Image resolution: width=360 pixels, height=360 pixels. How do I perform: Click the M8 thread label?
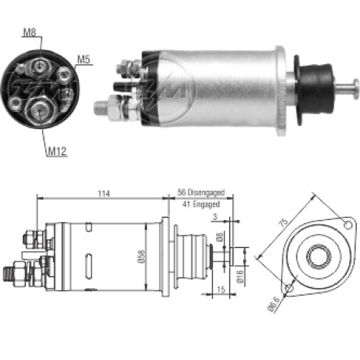(x=30, y=33)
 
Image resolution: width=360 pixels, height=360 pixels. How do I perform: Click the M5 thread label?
(x=84, y=59)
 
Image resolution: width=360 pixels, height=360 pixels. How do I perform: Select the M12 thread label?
(x=57, y=151)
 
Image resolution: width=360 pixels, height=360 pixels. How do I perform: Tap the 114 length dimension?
(x=104, y=193)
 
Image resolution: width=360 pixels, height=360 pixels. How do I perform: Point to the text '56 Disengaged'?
(x=201, y=193)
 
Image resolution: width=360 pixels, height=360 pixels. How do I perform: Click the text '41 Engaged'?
(x=201, y=204)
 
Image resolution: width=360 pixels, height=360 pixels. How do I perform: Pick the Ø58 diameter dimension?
(x=141, y=257)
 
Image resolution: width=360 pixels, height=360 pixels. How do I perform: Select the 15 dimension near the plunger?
(x=221, y=290)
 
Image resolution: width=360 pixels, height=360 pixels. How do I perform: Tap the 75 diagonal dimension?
(x=284, y=222)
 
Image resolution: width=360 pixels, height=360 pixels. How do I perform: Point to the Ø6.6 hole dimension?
(x=273, y=304)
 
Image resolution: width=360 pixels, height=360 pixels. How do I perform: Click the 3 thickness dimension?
(x=215, y=217)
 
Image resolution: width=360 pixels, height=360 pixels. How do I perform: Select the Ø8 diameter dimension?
(x=220, y=236)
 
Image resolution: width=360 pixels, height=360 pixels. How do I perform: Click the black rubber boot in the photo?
(x=315, y=88)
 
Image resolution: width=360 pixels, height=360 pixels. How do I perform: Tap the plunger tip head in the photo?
(x=355, y=89)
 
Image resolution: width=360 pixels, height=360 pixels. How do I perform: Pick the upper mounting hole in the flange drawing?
(x=348, y=225)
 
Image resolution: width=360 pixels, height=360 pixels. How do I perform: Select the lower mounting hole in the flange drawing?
(x=289, y=288)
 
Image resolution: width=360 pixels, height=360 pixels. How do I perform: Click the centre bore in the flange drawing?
(x=319, y=257)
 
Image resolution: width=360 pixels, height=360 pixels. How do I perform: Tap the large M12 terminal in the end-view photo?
(x=39, y=110)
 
